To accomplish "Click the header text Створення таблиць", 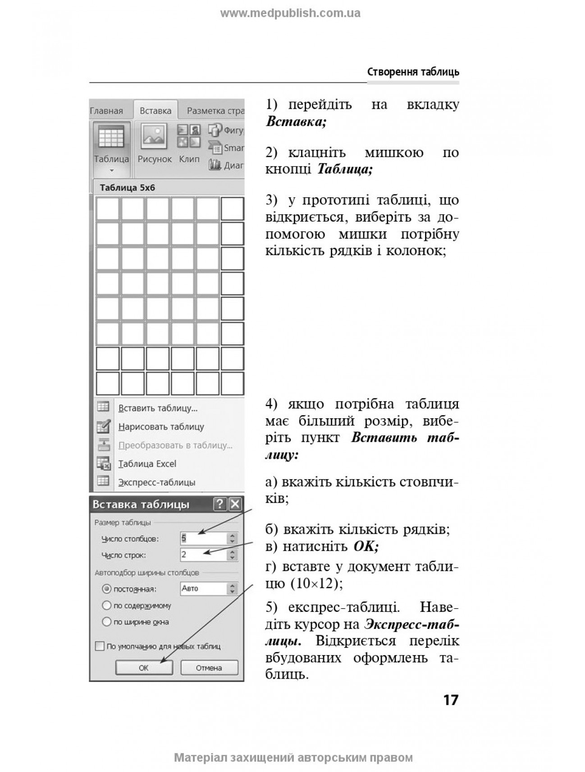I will point(413,72).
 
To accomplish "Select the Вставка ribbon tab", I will point(155,111).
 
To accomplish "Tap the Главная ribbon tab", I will point(107,111).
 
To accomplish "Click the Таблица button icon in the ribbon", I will point(111,137).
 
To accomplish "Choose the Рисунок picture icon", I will point(154,137).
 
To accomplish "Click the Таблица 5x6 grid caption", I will point(127,188).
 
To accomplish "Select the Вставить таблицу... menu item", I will point(158,408).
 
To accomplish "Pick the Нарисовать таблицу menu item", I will point(161,427).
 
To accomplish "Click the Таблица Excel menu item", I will point(147,464).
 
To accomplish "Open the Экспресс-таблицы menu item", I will point(156,482).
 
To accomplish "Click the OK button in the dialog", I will point(144,668).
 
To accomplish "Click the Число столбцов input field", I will point(203,538).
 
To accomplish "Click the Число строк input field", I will point(203,555).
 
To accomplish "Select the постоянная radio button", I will point(107,589).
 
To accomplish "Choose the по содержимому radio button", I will point(107,606).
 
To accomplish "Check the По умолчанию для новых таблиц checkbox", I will point(100,646).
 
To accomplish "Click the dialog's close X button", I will point(235,504).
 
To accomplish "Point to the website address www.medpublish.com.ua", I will point(290,13).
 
